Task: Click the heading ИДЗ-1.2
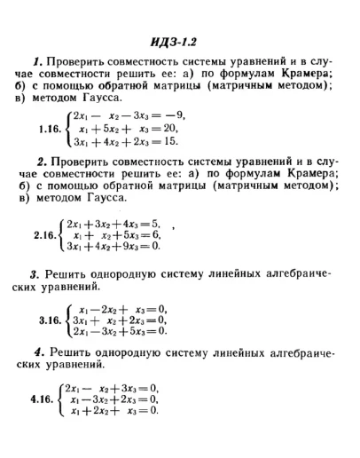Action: click(x=180, y=41)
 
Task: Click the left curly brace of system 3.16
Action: click(x=69, y=320)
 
